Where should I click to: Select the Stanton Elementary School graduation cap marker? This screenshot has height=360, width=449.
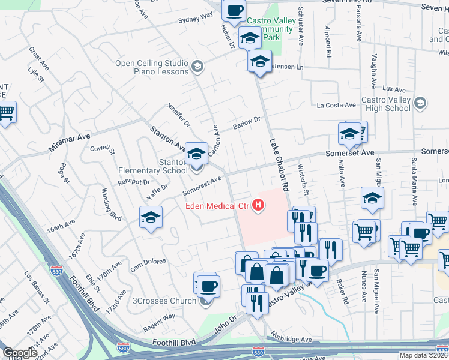click(x=196, y=154)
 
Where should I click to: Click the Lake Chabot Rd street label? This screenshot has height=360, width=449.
click(x=279, y=165)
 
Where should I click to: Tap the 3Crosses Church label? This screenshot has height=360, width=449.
click(x=164, y=301)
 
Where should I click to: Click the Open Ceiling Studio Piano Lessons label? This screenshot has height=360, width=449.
click(x=152, y=66)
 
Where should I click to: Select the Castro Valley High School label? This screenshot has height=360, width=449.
click(x=386, y=104)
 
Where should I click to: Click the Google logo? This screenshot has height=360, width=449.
click(x=20, y=353)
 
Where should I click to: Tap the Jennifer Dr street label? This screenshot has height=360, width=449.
click(x=178, y=115)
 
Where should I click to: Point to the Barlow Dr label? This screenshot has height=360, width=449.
click(x=246, y=124)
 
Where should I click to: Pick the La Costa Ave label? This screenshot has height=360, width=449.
click(x=336, y=105)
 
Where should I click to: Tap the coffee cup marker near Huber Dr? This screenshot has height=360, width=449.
click(x=234, y=10)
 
